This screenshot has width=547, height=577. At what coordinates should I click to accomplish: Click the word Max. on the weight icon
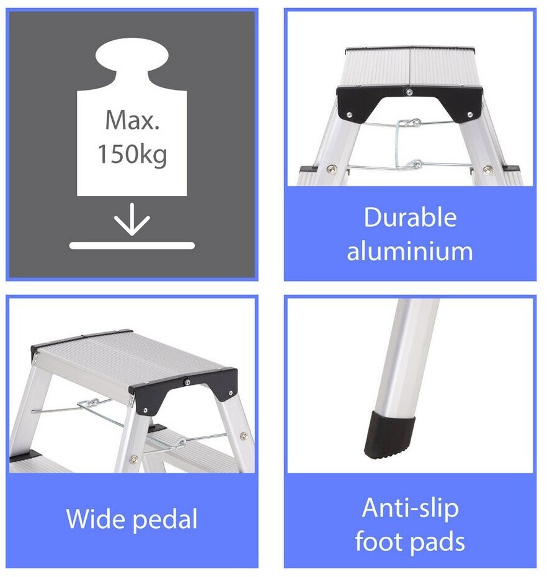pos(132,120)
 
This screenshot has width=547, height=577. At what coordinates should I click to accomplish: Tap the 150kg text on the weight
pos(132,154)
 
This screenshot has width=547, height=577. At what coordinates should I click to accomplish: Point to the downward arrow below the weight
pos(132,219)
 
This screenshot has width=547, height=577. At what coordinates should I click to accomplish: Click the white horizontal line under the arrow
pos(132,245)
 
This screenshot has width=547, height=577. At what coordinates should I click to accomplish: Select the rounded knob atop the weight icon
pos(132,55)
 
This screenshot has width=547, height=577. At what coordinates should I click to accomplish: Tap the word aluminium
pos(410,251)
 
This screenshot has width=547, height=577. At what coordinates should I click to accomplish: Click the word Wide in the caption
pos(97,519)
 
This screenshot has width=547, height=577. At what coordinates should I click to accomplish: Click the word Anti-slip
pos(411,508)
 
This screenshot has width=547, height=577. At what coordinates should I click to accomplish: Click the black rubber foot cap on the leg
pos(389,435)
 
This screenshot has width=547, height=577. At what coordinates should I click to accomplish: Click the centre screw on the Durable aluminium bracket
pos(409,92)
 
